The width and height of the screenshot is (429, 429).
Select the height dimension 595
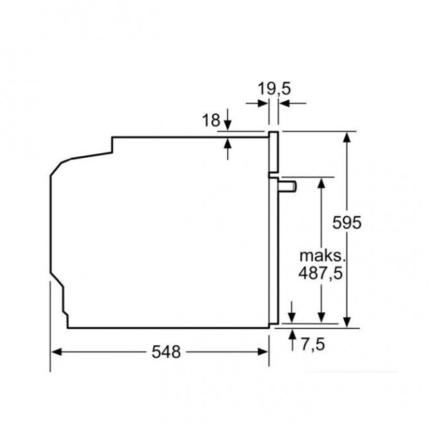(x=348, y=223)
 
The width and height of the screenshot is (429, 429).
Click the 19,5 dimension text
(x=274, y=87)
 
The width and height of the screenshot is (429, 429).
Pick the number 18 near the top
(x=211, y=120)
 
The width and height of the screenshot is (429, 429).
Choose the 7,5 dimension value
(x=312, y=343)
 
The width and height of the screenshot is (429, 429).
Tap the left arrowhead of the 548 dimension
(x=56, y=352)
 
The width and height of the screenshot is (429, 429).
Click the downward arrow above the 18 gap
(x=228, y=125)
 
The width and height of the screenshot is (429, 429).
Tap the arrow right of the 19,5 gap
(x=284, y=103)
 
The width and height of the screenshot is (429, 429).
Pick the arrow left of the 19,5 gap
(x=262, y=103)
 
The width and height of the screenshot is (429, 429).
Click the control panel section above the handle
(x=273, y=153)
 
